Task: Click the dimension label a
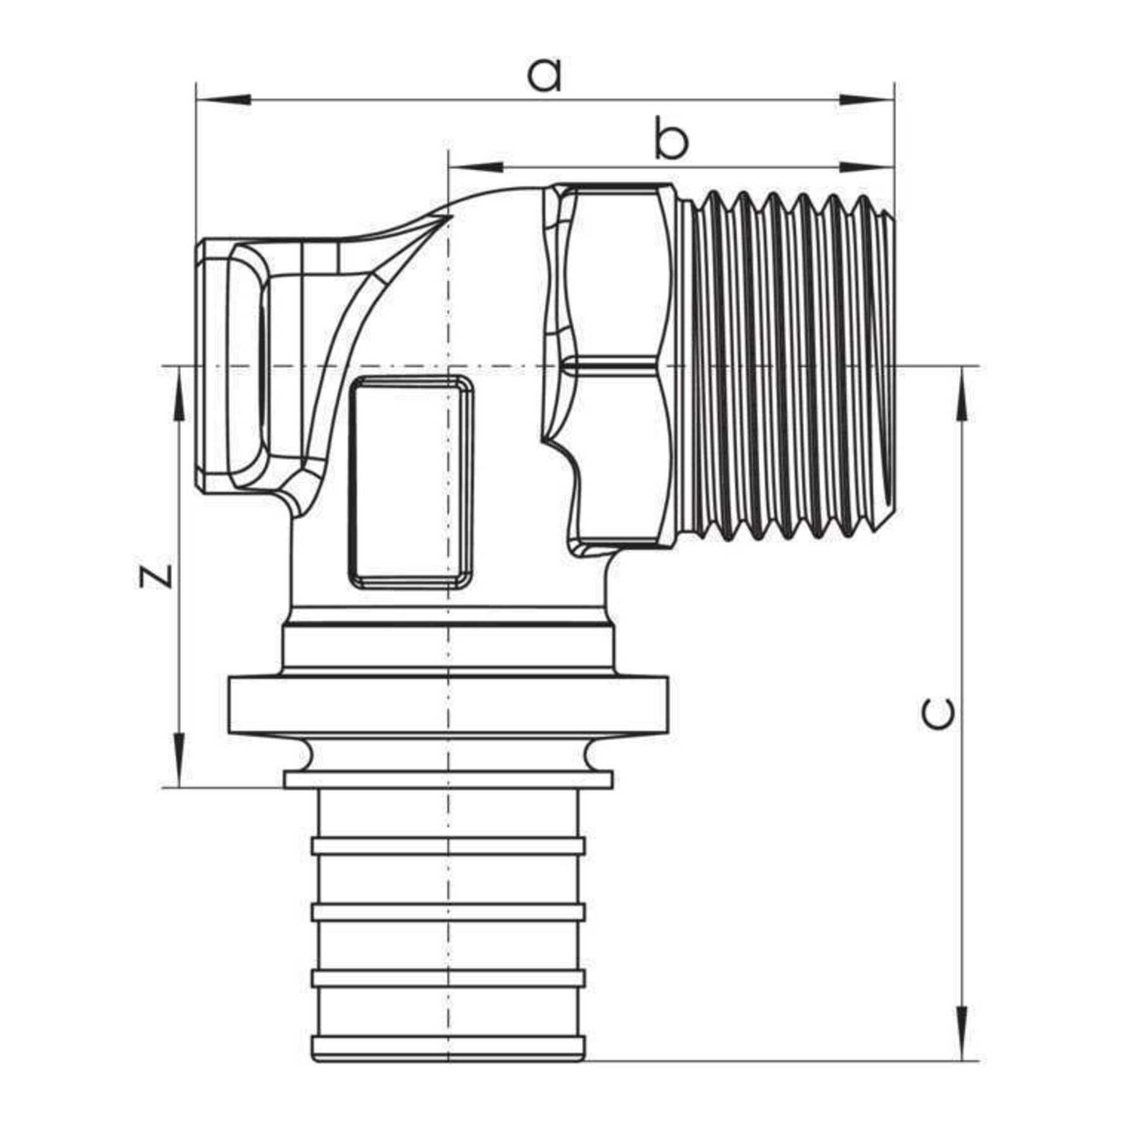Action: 545,76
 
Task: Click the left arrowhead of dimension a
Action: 224,100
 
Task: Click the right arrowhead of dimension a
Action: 866,100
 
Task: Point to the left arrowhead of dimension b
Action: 474,168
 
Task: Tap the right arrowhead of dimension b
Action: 866,168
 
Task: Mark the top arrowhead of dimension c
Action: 962,393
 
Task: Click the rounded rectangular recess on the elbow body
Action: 411,483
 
